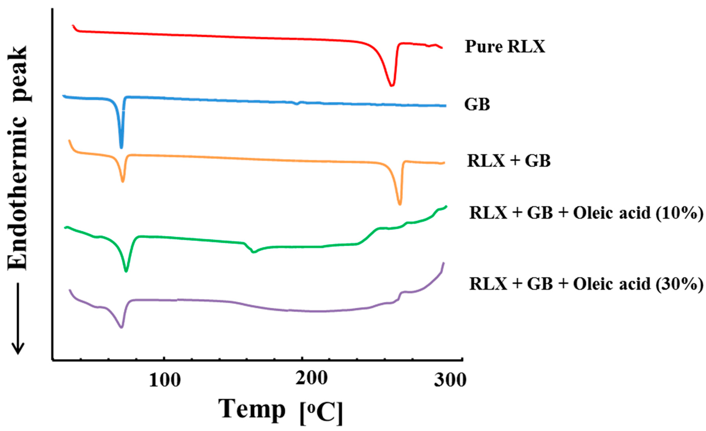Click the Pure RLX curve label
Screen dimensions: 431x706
click(505, 47)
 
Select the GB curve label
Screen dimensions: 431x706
click(477, 104)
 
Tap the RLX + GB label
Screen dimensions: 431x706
click(509, 161)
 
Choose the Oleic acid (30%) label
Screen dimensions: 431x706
click(586, 284)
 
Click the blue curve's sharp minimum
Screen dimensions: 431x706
click(121, 147)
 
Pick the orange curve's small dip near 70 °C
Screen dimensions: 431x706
click(123, 181)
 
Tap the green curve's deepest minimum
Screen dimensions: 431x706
click(126, 271)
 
